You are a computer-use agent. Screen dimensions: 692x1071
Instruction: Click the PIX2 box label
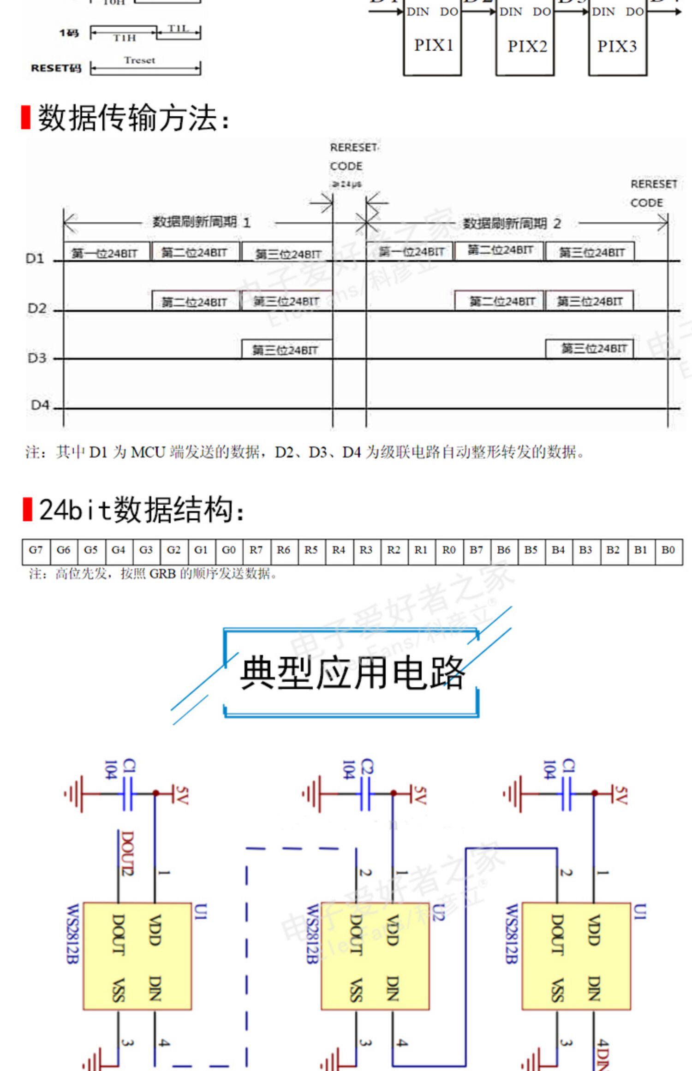pos(527,46)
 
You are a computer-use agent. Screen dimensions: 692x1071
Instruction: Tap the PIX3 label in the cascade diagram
pos(617,46)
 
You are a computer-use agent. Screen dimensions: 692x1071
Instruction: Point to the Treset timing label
pos(139,60)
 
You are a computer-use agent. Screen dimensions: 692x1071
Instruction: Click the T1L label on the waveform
pos(178,29)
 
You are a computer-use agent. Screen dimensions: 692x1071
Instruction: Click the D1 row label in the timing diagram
pos(35,259)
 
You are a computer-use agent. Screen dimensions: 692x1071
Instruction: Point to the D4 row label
pos(40,405)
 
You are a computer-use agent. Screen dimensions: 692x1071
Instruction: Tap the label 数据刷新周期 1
pos(202,222)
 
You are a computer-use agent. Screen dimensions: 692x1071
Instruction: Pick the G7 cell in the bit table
pos(36,550)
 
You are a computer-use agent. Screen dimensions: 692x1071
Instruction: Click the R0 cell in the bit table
pos(448,550)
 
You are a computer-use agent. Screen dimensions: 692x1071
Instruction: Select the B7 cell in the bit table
pos(476,550)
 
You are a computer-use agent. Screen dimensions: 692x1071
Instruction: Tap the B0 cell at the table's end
pos(668,550)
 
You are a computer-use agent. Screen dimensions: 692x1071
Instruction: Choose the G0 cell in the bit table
pos(229,550)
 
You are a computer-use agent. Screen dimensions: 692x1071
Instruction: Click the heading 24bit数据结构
pos(141,510)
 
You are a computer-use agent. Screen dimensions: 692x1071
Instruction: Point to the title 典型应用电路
pos(352,673)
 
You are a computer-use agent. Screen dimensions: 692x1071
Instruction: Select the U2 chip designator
pos(438,912)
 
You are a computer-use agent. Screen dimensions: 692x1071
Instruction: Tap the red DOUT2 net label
pos(128,853)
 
